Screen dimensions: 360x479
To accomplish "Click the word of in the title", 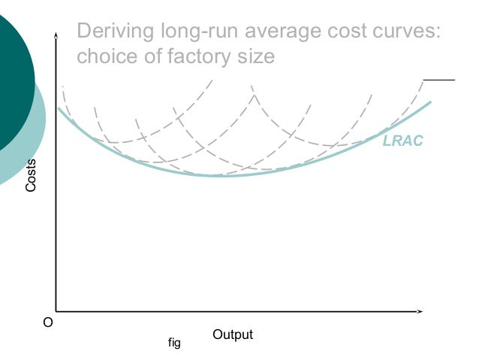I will (156, 56).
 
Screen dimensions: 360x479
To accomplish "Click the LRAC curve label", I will (404, 141).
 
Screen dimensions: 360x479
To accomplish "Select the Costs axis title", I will (31, 176).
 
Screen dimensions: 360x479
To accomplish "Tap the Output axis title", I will (233, 334).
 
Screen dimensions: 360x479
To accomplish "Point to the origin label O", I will (48, 323).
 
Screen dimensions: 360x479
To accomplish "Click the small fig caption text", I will (174, 344).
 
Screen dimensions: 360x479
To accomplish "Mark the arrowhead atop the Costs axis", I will (56, 35).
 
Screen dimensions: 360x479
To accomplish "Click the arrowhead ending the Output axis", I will (422, 310).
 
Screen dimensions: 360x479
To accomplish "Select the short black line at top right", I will (439, 79).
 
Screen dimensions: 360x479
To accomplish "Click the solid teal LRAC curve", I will (218, 175).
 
